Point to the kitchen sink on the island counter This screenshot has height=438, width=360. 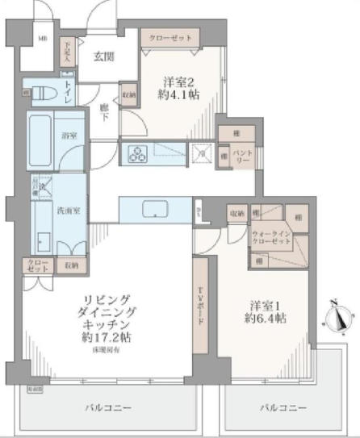click(153, 210)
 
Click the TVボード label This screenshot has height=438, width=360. click(204, 301)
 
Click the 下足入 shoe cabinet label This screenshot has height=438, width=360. click(69, 50)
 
